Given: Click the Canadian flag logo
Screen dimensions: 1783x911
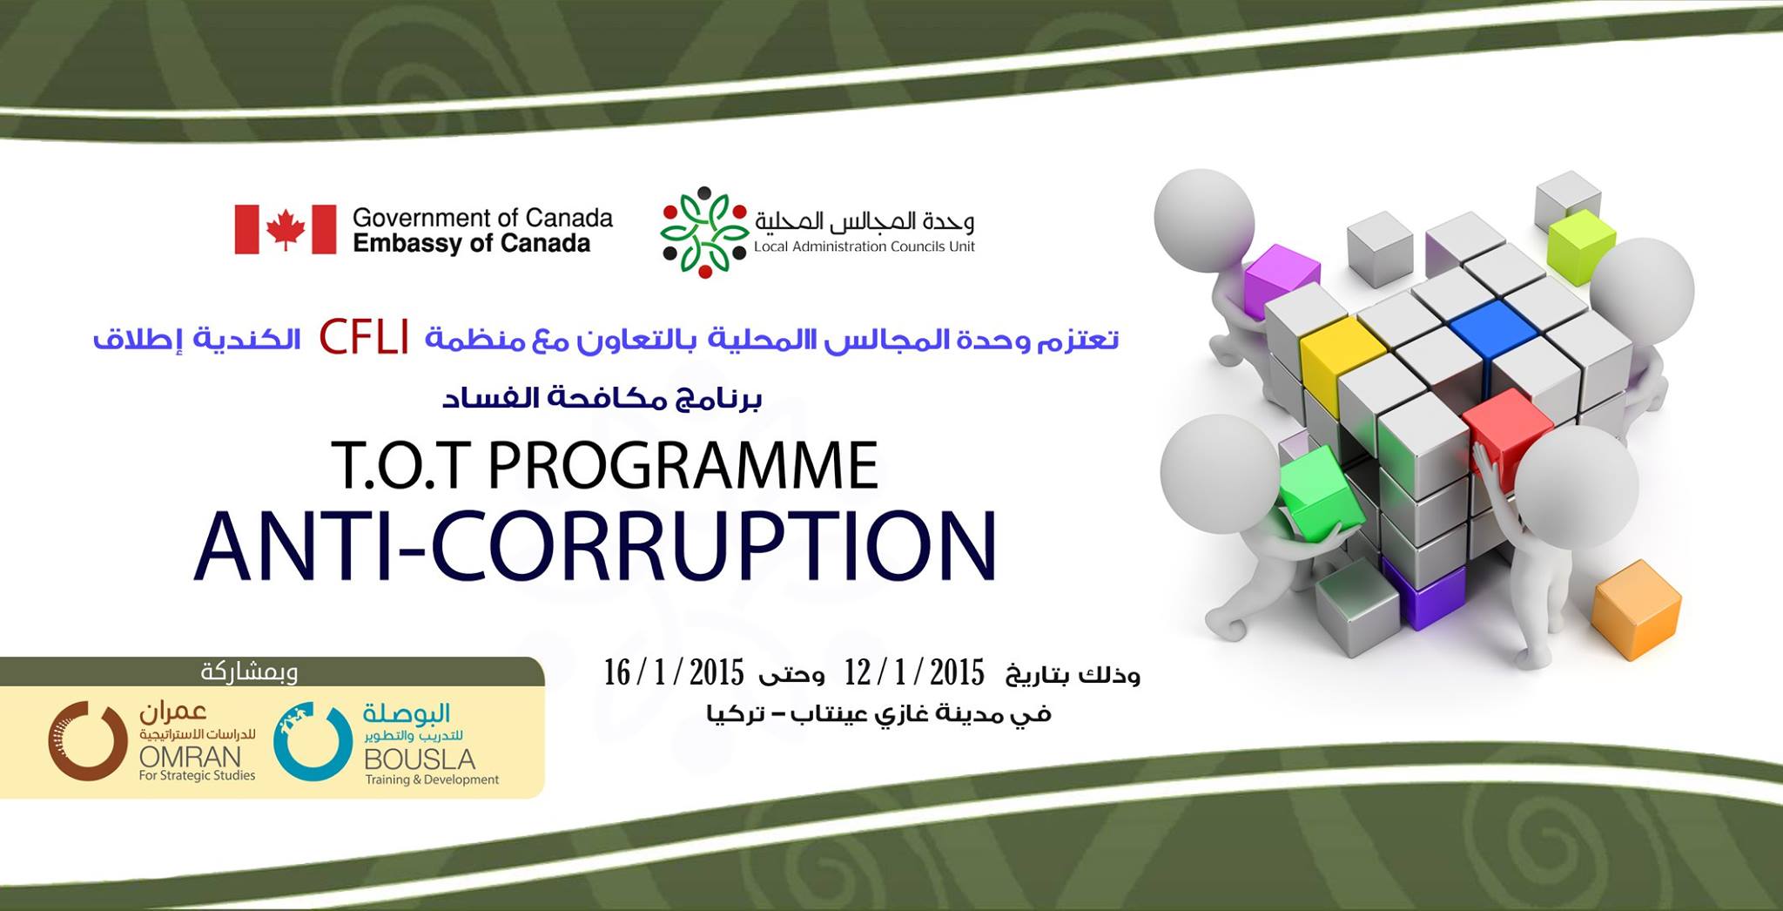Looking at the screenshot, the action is click(286, 230).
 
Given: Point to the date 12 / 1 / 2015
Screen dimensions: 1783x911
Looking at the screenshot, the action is click(914, 672).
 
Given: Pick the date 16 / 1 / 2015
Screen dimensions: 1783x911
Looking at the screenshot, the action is click(674, 672).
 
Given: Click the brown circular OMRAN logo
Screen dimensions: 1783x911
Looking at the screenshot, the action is click(88, 741).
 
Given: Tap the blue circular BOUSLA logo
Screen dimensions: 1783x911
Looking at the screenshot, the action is click(313, 741).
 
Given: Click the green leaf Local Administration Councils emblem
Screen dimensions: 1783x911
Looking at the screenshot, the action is click(704, 232).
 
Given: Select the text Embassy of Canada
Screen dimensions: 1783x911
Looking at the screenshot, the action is click(471, 243).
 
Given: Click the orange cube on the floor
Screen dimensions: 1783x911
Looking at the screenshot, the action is click(1636, 609).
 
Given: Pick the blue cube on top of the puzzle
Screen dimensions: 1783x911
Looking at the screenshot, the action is click(1493, 327).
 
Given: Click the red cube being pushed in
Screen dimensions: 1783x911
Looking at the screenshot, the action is click(1509, 432).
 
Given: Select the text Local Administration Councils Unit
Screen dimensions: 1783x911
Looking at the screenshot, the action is click(865, 246).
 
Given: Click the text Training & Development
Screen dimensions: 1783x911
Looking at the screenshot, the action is click(432, 779).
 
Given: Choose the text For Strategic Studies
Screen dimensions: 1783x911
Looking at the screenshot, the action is click(197, 775).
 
